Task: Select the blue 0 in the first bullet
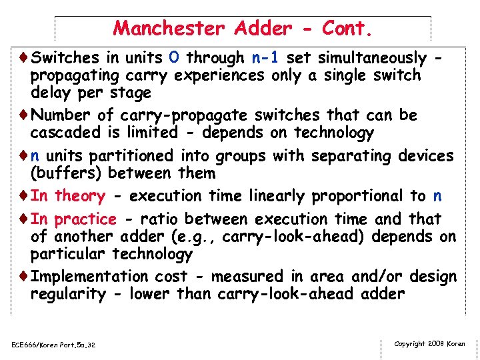173,58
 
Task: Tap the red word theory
79,196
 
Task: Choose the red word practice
85,219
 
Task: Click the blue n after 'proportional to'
437,196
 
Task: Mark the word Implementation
90,277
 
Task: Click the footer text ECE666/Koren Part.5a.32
54,345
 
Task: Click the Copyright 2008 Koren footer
430,344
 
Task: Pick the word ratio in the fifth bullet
153,219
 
